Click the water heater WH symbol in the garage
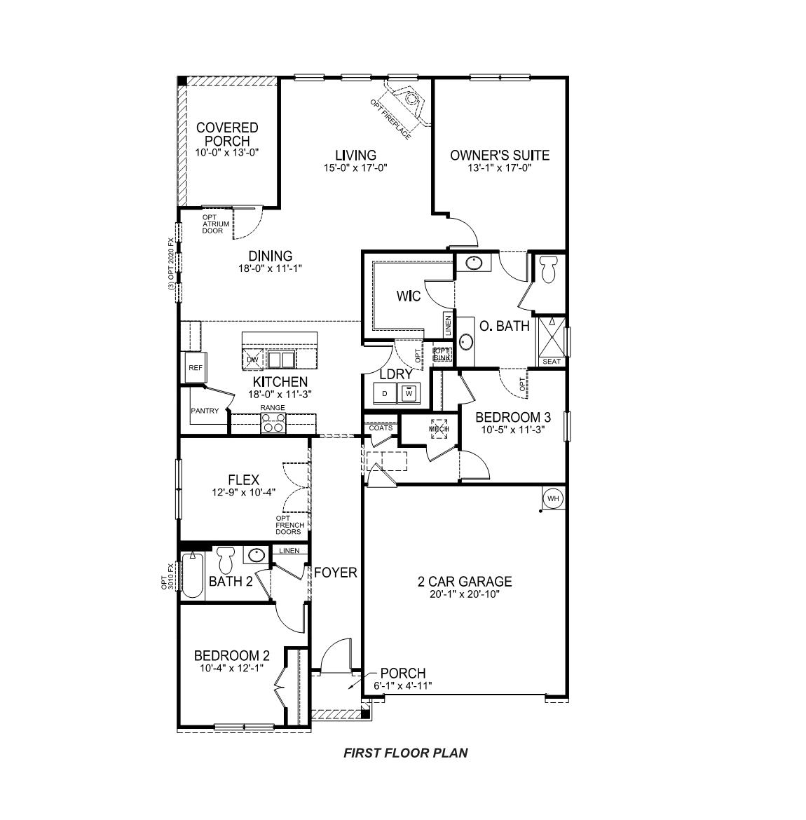coord(553,498)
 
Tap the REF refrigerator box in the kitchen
coord(194,367)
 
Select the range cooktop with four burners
coord(273,423)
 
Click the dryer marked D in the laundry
coord(384,395)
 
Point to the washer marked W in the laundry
coord(408,395)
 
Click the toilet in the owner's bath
coord(549,268)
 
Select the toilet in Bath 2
coord(225,561)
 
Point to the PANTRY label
coord(205,411)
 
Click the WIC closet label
coord(408,296)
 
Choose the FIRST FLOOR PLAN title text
coord(405,753)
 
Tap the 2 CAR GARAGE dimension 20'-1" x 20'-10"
coord(465,594)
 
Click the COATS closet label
coord(381,428)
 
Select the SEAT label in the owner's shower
coord(552,362)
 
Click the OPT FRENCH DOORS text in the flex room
coord(289,525)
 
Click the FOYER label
coord(335,573)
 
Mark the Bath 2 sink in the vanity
coord(256,556)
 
